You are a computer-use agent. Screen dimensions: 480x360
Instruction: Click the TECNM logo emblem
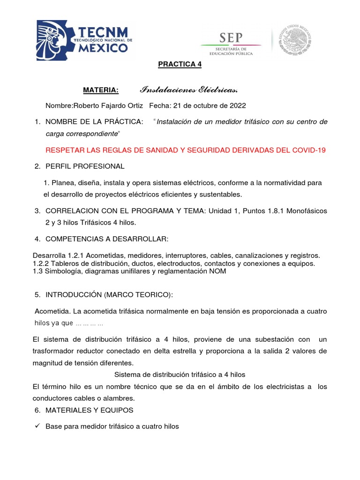[52, 40]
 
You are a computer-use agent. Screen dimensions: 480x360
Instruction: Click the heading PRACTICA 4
[180, 65]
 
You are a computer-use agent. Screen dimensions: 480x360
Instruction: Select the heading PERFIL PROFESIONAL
[85, 166]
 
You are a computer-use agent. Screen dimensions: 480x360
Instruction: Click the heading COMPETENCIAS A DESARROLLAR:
[106, 239]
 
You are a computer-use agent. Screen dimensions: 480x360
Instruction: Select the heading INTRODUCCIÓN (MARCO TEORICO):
[109, 294]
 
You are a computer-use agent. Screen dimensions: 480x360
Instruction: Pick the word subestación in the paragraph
[274, 339]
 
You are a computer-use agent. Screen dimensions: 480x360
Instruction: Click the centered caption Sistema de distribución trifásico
[180, 375]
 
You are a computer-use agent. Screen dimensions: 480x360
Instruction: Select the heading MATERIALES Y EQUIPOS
[89, 410]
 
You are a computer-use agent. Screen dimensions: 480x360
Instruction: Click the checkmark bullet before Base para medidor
[38, 426]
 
